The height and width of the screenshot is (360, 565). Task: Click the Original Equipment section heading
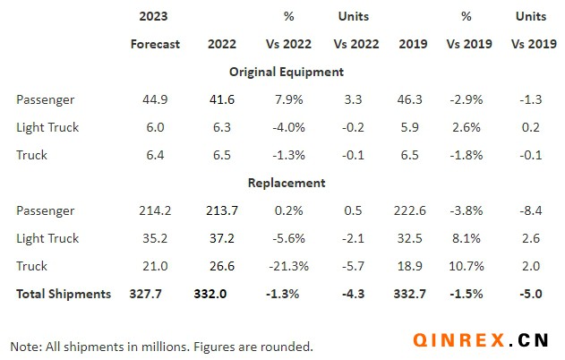287,72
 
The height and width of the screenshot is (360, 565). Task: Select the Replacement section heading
287,183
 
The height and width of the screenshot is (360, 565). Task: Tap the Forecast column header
155,44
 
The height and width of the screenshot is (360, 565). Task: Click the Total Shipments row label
64,294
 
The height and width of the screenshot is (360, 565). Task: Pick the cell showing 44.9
155,99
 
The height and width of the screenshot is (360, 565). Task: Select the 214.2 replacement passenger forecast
155,210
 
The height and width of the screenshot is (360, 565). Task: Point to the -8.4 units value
531,210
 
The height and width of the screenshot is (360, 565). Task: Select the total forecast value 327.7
155,294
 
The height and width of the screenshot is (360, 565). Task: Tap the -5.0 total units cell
531,294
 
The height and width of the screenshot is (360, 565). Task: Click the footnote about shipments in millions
161,346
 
